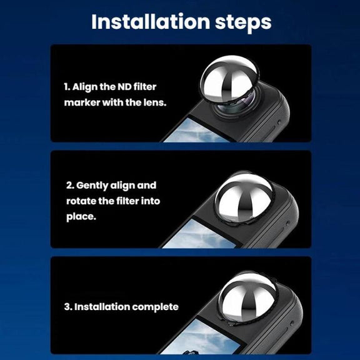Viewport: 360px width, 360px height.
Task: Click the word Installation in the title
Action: pos(151,22)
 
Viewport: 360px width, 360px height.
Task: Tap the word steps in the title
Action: pos(243,23)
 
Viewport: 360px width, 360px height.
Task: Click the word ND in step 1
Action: pos(124,87)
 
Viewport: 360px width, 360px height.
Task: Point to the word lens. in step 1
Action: pos(155,102)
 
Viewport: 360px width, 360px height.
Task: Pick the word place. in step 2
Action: pos(81,217)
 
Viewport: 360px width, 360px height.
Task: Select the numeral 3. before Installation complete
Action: pos(68,307)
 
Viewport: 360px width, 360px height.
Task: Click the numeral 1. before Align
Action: pos(67,87)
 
